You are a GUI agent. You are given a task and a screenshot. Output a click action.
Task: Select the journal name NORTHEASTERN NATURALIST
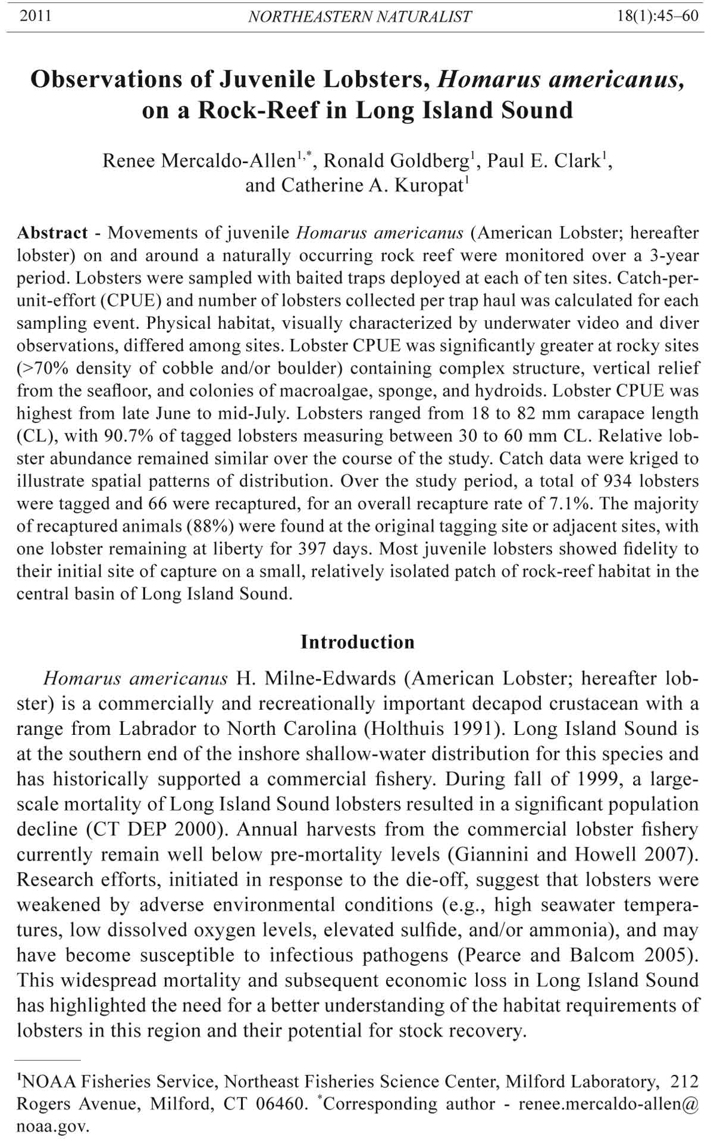[x=359, y=16]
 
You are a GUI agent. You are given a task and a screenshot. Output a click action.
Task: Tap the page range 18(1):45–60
[x=657, y=15]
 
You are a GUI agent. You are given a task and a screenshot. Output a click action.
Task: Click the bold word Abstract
[x=52, y=233]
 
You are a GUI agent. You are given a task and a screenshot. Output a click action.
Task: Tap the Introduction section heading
[x=357, y=642]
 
